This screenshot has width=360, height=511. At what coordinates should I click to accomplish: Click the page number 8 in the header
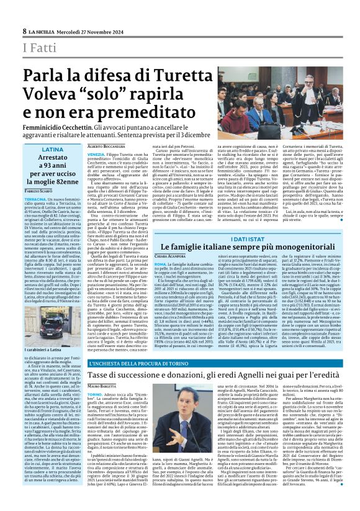point(24,30)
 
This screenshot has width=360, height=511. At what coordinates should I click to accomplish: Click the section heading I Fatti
point(38,48)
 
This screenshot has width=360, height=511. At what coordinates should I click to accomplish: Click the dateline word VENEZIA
point(96,154)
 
